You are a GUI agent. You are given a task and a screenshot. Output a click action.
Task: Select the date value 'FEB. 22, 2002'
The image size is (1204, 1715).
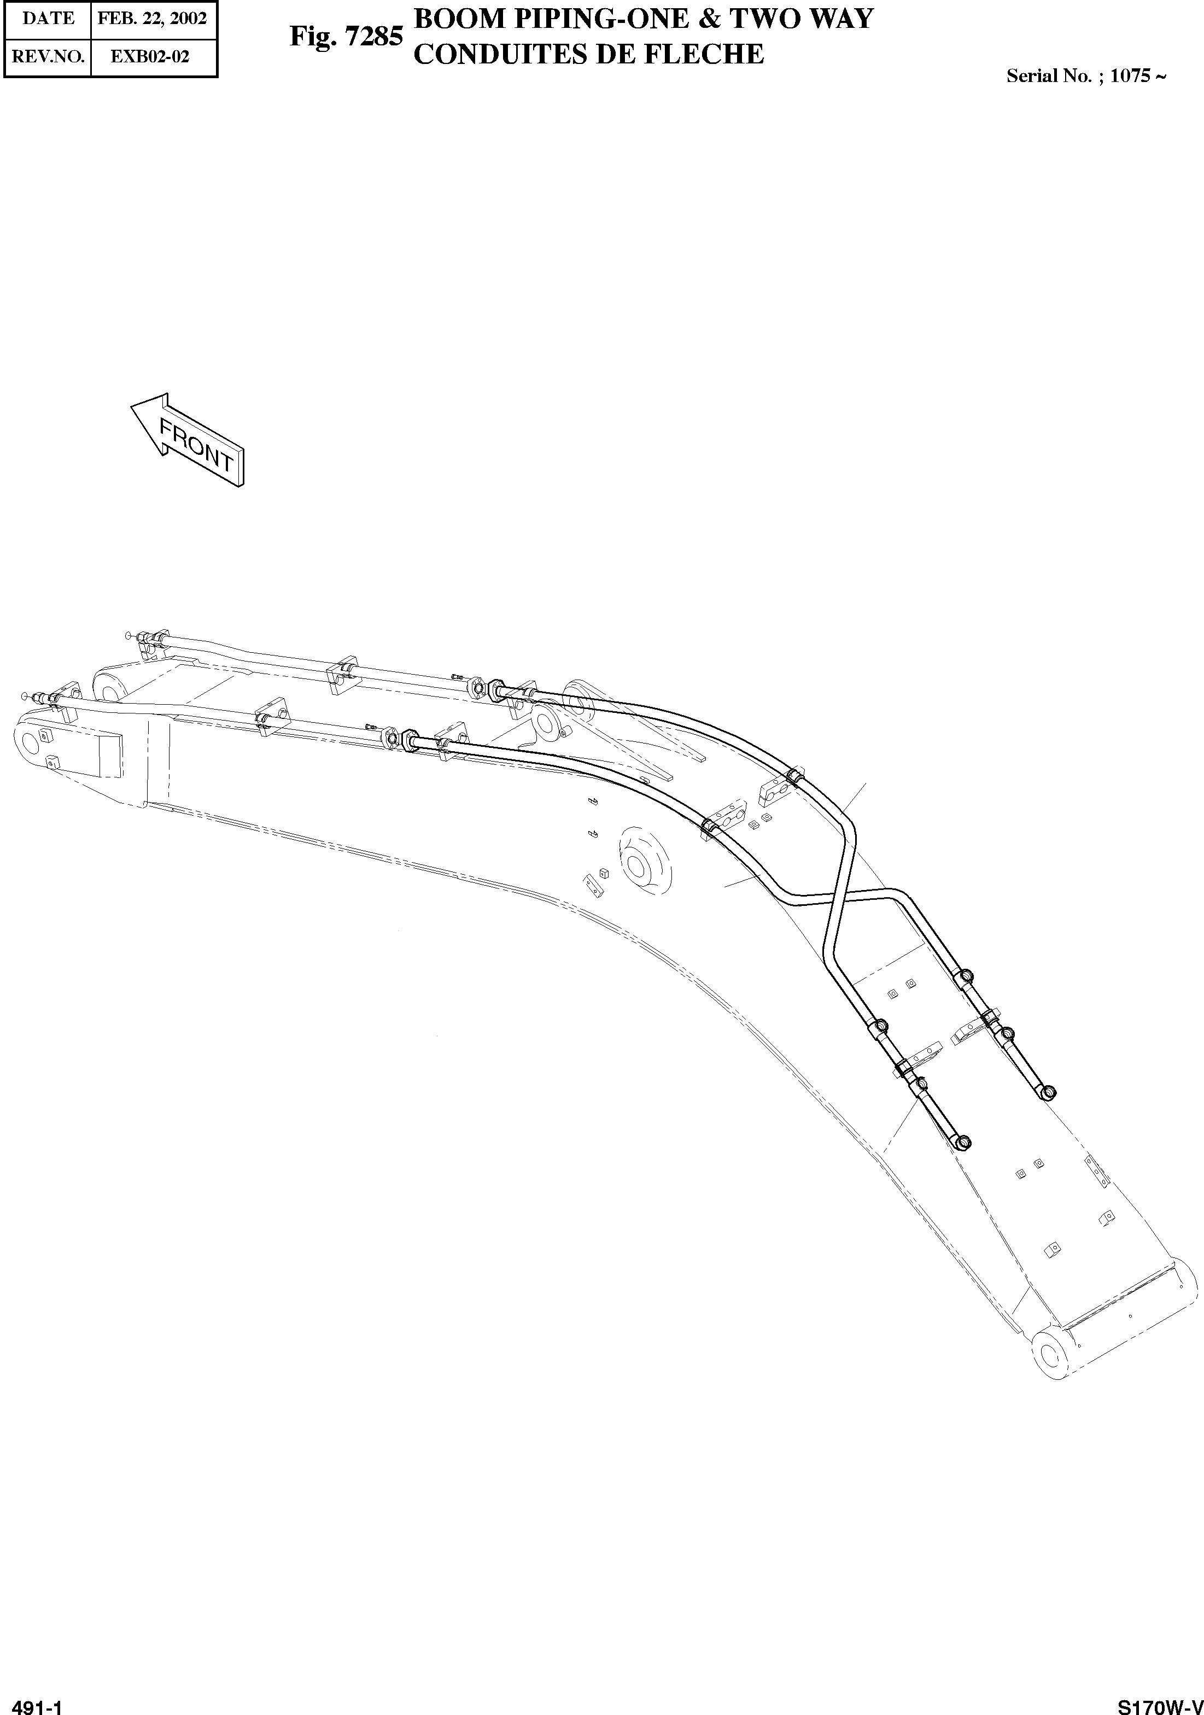(153, 19)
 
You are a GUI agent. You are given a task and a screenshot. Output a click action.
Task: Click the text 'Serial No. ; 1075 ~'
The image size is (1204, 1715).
(1085, 75)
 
